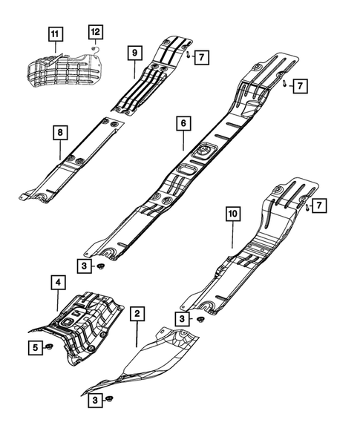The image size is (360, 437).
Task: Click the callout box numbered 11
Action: [x=57, y=33]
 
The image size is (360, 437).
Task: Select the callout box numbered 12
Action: [x=96, y=32]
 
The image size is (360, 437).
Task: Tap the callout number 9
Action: [x=134, y=53]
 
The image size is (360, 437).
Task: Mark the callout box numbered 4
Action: [x=57, y=283]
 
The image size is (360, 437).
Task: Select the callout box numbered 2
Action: [x=137, y=314]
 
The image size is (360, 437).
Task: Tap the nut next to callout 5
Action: [x=50, y=347]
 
